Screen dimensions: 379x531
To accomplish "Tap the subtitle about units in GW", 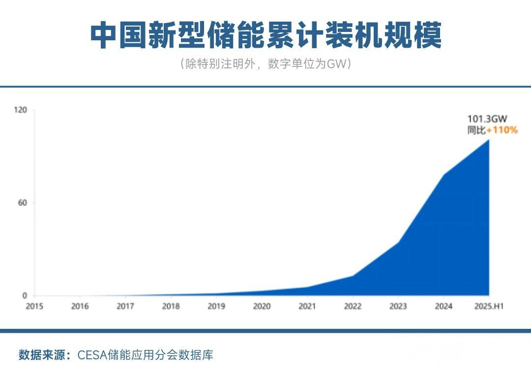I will point(265,64).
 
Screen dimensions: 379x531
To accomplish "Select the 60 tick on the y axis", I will point(22,203).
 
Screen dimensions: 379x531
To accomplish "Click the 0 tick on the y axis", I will point(25,296).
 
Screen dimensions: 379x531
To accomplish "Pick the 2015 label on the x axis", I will point(34,306).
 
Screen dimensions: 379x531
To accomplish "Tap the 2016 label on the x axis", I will point(80,306).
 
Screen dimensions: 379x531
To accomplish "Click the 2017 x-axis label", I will point(125,306).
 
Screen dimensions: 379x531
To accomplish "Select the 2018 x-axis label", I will point(171,306).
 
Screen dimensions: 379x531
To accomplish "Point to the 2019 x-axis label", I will point(216,306).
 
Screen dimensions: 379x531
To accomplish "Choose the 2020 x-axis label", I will point(262,306).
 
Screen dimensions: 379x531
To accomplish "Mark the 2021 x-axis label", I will point(307,306).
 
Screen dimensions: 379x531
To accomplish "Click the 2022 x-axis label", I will point(353,306).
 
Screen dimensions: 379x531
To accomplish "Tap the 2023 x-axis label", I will point(398,306).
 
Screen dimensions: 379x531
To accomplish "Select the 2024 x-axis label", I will point(443,306).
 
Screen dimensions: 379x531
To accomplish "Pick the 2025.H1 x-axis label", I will point(489,306).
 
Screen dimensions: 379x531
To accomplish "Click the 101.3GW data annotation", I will point(487,118).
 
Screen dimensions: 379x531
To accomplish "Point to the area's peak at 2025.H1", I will point(489,140).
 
